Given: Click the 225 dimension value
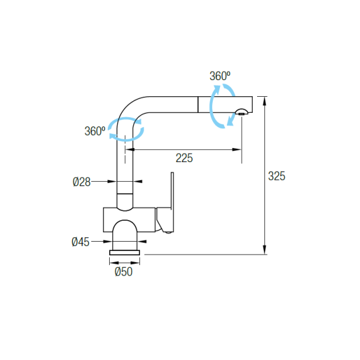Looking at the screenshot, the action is (x=184, y=158).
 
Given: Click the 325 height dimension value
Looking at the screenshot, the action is (x=277, y=176).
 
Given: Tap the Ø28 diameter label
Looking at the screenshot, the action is (x=81, y=182).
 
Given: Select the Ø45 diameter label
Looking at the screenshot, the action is (x=80, y=242).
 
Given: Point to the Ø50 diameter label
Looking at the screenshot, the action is (x=123, y=272).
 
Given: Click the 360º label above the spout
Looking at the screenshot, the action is (x=220, y=76).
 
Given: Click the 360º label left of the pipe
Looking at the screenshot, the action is (x=95, y=131).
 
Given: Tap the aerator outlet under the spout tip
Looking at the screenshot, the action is (x=241, y=112).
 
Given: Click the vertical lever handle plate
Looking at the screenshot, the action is (x=173, y=202).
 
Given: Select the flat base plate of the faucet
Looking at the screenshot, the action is (x=125, y=253).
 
